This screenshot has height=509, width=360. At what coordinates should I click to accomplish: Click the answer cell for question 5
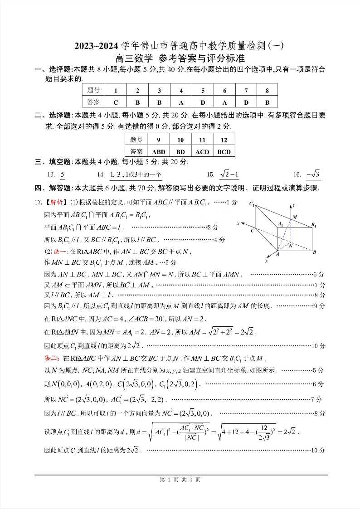[203, 102]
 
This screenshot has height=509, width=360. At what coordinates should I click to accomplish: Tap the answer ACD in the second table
[202, 152]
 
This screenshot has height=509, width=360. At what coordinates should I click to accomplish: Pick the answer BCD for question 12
[224, 152]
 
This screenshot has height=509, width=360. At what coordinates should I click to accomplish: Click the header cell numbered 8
[268, 90]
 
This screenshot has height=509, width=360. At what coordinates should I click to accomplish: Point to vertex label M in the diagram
[295, 217]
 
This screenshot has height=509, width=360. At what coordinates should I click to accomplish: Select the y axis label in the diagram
[267, 261]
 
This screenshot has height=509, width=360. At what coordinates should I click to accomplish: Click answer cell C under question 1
[116, 102]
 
